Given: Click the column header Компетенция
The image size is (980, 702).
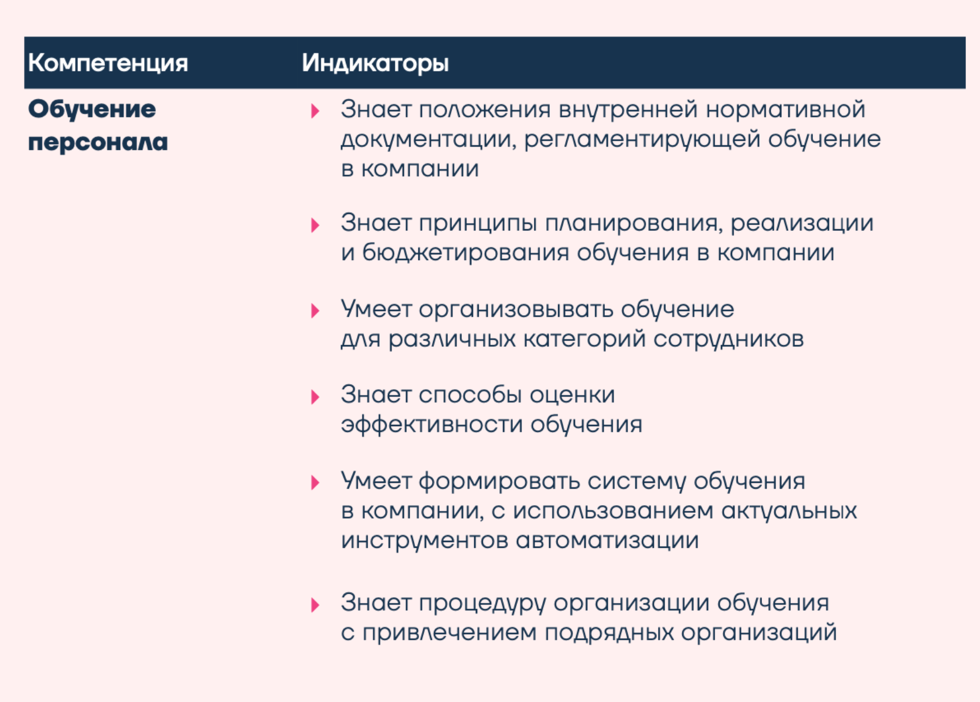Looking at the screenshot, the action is point(108,63).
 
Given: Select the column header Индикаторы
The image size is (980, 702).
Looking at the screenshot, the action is point(375,63).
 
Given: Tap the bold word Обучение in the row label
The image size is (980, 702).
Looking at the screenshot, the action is point(92,110).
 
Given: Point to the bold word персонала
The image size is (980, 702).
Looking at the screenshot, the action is point(98,142).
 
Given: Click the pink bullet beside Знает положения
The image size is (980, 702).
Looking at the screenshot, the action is point(315,111).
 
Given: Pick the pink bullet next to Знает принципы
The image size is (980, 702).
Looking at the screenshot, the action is point(315,225).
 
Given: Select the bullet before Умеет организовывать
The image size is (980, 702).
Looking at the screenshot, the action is point(315,311).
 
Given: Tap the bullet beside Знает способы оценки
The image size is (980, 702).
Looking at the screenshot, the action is point(315,397).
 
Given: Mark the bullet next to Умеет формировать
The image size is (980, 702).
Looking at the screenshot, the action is point(315,483).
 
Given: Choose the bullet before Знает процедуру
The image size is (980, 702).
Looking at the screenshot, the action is point(315,605).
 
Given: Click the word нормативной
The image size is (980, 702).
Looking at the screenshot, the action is point(785,110).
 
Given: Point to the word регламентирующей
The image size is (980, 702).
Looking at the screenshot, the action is point(642,140).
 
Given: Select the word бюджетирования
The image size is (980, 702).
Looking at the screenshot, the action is point(465,253).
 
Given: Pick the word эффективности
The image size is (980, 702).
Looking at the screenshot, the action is point(432,425).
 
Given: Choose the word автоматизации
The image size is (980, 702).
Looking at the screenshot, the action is point(607,541).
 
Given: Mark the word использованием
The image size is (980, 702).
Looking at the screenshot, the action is point(613,512).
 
